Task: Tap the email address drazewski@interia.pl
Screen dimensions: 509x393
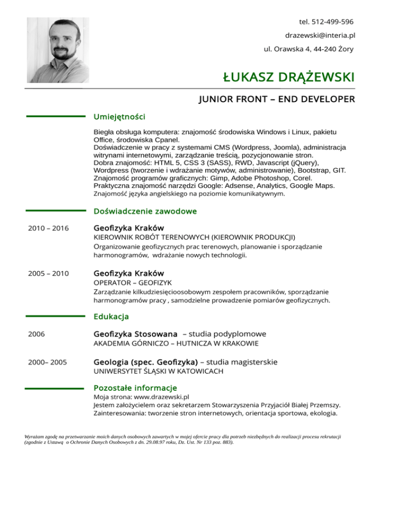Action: pyautogui.click(x=320, y=36)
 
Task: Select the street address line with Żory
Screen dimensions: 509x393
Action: pyautogui.click(x=308, y=50)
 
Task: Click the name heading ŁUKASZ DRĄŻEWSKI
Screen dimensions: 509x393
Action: pyautogui.click(x=289, y=78)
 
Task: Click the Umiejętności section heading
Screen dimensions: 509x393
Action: pyautogui.click(x=119, y=117)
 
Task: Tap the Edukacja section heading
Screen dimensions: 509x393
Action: pyautogui.click(x=111, y=316)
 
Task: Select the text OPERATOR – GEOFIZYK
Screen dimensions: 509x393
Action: pyautogui.click(x=133, y=283)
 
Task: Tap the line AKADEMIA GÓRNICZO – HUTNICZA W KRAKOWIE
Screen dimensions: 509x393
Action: pyautogui.click(x=176, y=343)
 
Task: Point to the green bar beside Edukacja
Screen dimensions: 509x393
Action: pyautogui.click(x=55, y=316)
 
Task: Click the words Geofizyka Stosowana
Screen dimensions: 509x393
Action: pyautogui.click(x=136, y=334)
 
